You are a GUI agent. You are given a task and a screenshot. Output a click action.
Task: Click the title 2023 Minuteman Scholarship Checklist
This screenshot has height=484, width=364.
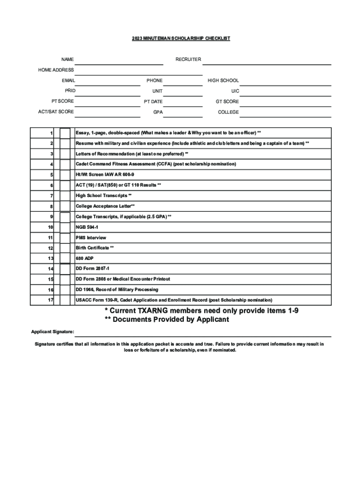(x=181, y=38)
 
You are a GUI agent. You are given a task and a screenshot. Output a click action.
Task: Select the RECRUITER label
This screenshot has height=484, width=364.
(x=188, y=60)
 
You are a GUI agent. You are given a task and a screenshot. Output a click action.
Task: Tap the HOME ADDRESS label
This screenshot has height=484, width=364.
(x=56, y=70)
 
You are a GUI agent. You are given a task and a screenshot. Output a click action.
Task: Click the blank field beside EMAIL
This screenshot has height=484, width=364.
(x=108, y=81)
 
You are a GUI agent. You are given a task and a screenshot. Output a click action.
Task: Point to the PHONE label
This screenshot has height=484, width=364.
(x=154, y=81)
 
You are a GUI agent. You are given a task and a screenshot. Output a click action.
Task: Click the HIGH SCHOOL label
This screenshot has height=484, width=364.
(x=223, y=81)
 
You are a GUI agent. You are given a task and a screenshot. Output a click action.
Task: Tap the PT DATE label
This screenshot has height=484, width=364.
(x=153, y=102)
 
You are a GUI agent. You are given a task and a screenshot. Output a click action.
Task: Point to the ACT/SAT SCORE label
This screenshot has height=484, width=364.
(x=56, y=112)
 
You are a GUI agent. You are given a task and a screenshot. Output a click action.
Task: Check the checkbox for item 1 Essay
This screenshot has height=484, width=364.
(x=65, y=133)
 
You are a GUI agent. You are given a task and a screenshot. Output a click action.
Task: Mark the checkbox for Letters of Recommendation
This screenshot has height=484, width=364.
(x=65, y=154)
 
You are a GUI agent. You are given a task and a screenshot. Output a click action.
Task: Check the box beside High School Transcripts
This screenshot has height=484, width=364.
(x=65, y=196)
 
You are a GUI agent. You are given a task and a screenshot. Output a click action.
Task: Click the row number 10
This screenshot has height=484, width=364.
(x=50, y=227)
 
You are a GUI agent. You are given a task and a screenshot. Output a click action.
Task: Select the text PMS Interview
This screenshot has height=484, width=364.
(x=91, y=238)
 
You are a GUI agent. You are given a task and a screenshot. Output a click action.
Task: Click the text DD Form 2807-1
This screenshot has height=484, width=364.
(x=93, y=268)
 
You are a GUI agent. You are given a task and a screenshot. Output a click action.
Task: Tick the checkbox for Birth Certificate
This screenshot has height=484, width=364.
(x=65, y=248)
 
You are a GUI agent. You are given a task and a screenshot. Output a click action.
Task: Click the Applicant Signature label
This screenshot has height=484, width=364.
(x=52, y=332)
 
